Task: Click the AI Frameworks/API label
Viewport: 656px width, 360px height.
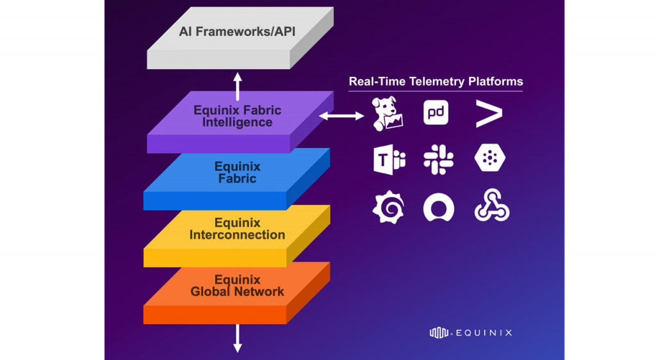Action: point(237,32)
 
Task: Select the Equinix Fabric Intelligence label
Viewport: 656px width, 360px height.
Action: point(237,117)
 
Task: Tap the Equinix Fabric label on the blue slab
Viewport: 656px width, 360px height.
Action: point(237,173)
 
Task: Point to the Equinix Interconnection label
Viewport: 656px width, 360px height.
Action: point(237,229)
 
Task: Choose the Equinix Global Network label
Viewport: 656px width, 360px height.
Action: point(237,286)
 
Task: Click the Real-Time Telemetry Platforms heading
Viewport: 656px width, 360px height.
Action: point(436,82)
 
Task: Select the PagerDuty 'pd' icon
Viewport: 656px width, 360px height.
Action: point(436,113)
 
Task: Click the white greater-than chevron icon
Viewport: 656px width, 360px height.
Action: point(489,113)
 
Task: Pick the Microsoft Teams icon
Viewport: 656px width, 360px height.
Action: point(389,160)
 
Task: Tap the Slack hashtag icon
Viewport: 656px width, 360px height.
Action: point(438,160)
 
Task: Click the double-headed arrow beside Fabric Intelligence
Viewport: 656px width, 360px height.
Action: point(342,116)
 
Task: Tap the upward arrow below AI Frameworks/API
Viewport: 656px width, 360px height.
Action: point(238,86)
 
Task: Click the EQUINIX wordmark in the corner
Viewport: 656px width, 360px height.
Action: point(471,332)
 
